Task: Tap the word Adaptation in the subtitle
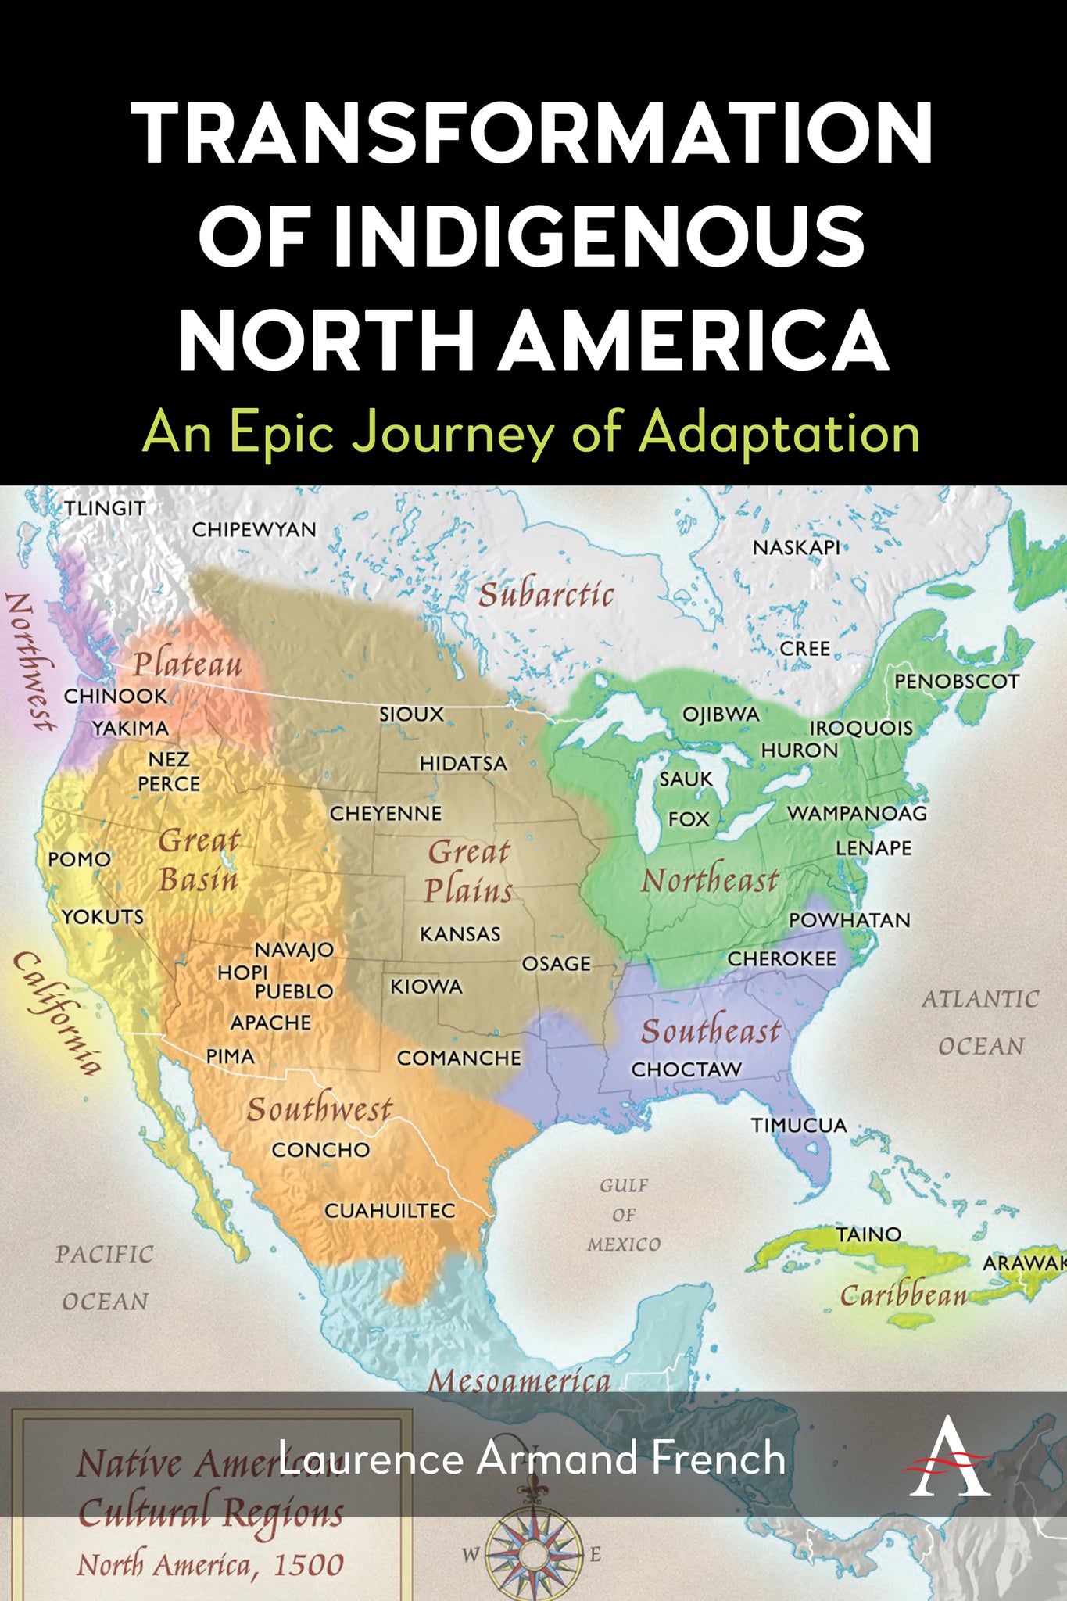point(779,432)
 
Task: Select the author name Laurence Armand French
point(532,1459)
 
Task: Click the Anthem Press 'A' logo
point(949,1459)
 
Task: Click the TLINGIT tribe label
point(105,508)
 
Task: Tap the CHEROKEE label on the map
point(782,958)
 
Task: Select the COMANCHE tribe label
point(459,1058)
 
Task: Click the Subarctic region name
point(546,595)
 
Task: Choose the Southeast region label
point(711,1031)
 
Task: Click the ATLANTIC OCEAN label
point(980,1022)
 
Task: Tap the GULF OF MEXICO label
point(624,1215)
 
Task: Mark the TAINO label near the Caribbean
point(868,1234)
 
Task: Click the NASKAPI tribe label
point(796,547)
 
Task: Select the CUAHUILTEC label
point(389,1210)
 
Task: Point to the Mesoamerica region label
point(519,1381)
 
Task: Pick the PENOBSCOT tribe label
point(957,681)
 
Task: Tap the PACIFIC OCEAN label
point(105,1277)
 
